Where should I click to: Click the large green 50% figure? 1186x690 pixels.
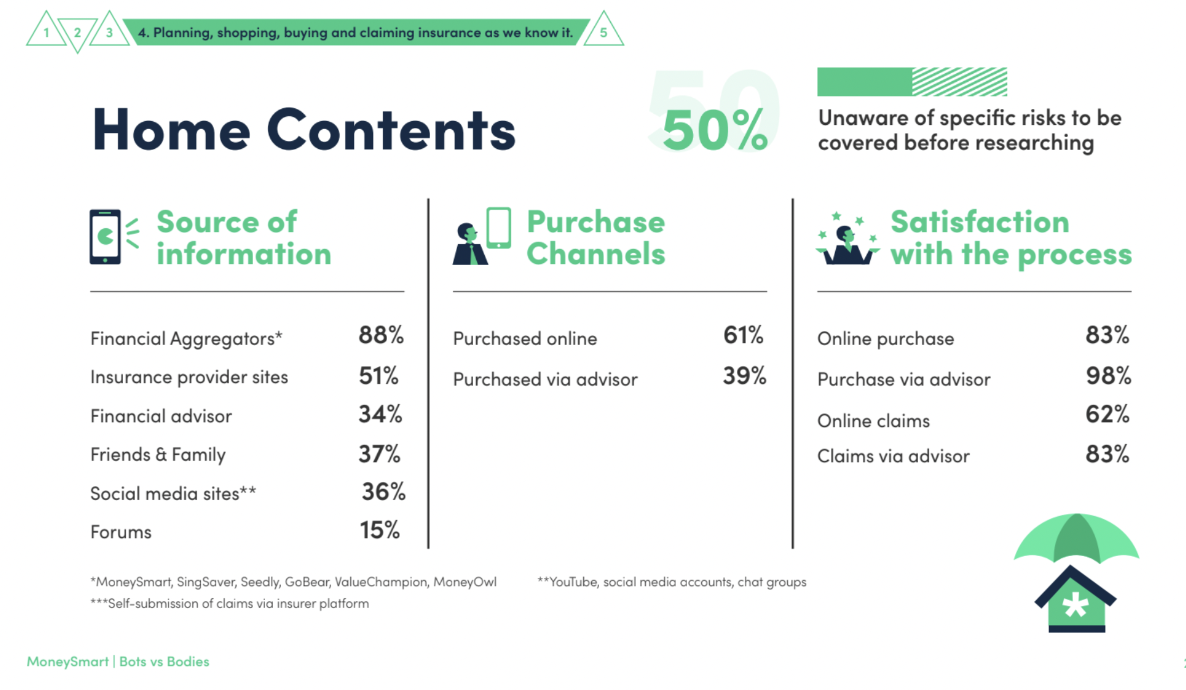[715, 130]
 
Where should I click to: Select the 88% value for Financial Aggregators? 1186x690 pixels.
[381, 335]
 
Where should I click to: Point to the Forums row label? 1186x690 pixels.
[121, 532]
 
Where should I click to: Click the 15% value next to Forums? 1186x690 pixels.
[380, 530]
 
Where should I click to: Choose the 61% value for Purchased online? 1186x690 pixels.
[743, 335]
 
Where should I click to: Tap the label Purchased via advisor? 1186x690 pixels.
[546, 379]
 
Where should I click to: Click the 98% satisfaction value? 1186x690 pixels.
[1108, 376]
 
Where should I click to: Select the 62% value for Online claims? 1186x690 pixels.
[1107, 414]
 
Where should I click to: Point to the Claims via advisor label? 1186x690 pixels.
[893, 456]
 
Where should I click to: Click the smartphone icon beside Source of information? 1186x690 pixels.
[105, 237]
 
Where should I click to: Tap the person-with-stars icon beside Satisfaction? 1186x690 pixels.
[847, 238]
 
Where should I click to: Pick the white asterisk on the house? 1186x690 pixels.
[1075, 606]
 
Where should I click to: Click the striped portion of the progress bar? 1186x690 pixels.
[959, 82]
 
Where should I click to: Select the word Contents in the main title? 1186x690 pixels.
[391, 130]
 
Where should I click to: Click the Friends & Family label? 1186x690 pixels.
[158, 455]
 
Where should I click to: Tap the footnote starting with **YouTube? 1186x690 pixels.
[672, 582]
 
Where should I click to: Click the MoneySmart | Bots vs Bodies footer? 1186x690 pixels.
[118, 662]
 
